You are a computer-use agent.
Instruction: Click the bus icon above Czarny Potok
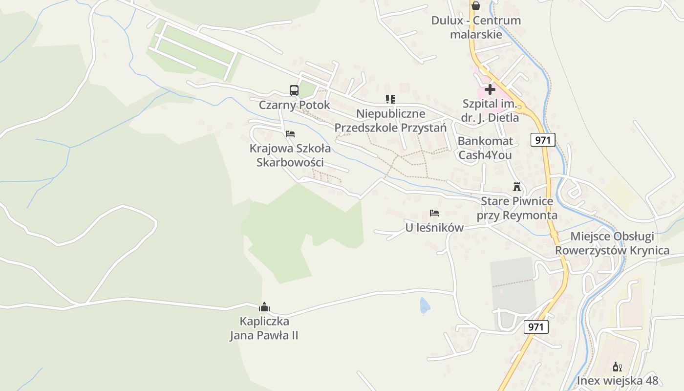point(294,90)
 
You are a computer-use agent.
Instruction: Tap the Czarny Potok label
point(294,105)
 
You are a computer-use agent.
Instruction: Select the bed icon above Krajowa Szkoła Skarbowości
point(290,133)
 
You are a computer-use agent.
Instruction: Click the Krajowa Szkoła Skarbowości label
point(290,155)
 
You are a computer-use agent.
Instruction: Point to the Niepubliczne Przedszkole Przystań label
point(390,121)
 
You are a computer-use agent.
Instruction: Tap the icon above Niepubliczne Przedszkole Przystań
point(390,99)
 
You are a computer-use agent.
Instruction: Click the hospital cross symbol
point(490,89)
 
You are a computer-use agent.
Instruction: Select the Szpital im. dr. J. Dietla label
point(490,110)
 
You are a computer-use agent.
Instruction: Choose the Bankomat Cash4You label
point(485,148)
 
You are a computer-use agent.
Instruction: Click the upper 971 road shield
point(542,140)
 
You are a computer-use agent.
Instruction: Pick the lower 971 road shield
point(535,327)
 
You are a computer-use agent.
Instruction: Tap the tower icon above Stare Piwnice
point(517,186)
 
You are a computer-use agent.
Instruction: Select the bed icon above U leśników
point(434,213)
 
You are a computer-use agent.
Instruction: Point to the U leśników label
point(434,228)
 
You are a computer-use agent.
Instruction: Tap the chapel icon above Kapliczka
point(264,307)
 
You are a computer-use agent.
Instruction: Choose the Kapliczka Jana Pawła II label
point(264,328)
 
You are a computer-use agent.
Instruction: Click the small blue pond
point(425,306)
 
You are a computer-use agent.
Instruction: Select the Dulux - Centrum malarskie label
point(476,27)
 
